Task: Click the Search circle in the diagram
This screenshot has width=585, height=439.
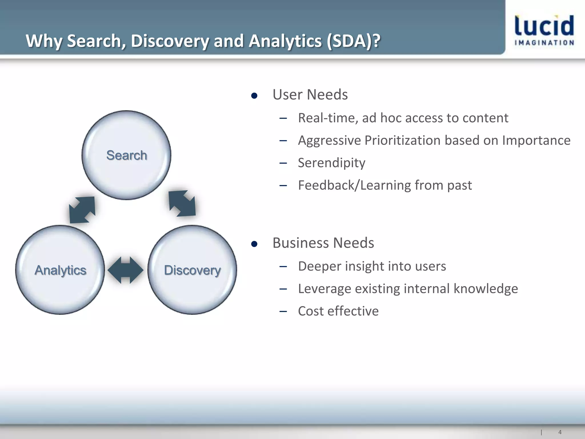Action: [x=126, y=155]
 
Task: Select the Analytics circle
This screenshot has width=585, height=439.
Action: [x=60, y=270]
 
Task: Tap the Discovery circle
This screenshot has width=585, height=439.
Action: [x=192, y=270]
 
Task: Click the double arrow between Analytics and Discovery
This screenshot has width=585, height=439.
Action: [x=125, y=270]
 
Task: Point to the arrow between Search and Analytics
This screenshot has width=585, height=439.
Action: [x=82, y=210]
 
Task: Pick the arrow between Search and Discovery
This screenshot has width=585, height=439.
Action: [x=182, y=203]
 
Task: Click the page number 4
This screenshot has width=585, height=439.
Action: [x=560, y=432]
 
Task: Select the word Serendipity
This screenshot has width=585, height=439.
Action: [x=331, y=163]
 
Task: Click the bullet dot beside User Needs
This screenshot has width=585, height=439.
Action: [x=254, y=96]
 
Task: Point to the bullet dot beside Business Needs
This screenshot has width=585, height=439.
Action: [x=254, y=244]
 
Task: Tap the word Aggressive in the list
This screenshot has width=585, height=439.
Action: [x=329, y=141]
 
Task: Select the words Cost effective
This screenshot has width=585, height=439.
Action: [x=338, y=311]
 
